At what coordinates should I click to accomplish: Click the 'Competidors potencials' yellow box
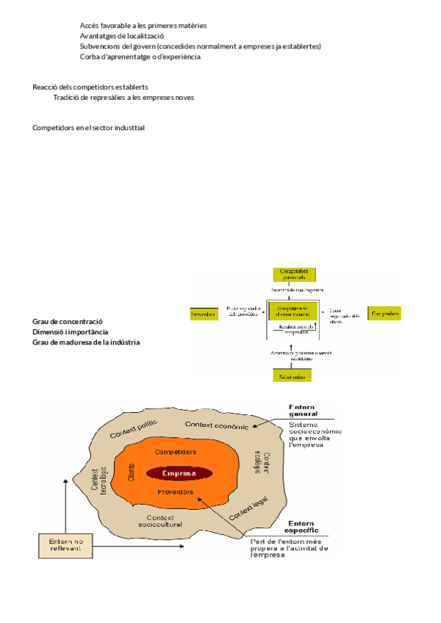point(294,274)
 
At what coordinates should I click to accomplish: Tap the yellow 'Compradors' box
point(385,314)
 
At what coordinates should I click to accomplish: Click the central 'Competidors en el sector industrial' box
point(292,311)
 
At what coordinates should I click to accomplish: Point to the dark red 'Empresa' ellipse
point(179,473)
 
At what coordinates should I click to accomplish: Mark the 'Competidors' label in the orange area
point(179,453)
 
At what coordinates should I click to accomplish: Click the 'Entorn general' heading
point(304,410)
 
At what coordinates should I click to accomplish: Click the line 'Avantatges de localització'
point(122,35)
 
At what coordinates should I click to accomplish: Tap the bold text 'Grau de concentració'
point(68,322)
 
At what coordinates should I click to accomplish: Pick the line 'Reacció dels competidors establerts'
point(90,87)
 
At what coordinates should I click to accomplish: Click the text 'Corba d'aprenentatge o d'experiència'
point(140,57)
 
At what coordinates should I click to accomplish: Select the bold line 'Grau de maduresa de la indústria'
point(86,342)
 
